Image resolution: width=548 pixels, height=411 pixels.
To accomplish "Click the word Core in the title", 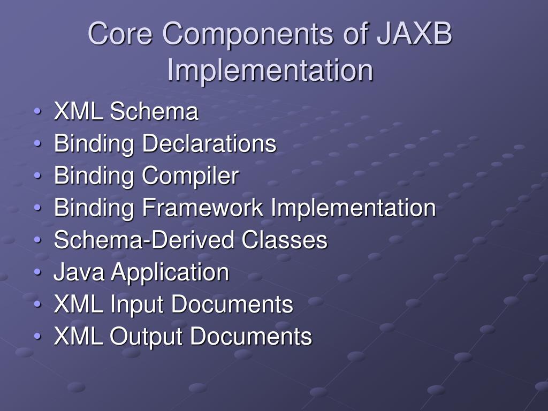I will [121, 34].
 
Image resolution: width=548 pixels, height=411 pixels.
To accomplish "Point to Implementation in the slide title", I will [270, 71].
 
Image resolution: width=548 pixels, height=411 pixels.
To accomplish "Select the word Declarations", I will [209, 144].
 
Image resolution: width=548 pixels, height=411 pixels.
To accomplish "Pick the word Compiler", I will [190, 176].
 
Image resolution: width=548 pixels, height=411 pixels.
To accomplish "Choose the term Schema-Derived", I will [144, 240].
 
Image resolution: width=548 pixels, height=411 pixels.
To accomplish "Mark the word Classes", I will [284, 240].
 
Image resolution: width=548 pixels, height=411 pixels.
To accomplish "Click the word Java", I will [79, 272].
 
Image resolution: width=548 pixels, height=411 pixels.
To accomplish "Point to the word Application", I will [170, 273].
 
